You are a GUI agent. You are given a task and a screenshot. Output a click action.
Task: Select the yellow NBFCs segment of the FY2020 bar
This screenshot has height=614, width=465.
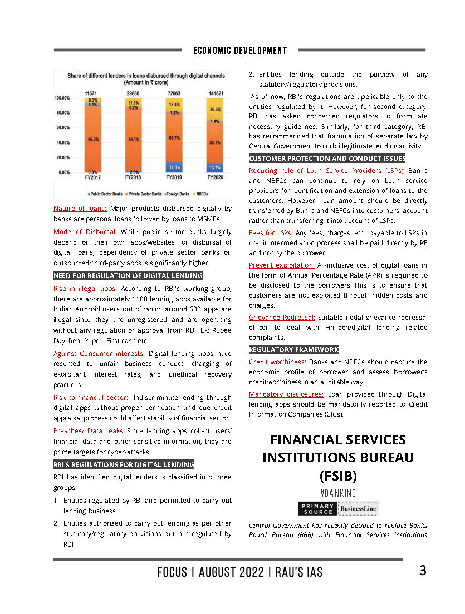(x=216, y=109)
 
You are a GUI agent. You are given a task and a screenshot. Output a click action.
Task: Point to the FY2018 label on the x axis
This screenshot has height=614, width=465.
(x=133, y=177)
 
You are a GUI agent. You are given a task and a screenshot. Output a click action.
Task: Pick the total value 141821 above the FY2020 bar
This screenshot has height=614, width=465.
(x=216, y=92)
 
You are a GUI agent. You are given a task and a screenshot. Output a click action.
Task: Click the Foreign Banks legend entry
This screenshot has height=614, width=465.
(x=175, y=194)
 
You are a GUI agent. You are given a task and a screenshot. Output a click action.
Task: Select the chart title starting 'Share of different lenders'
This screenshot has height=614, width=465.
(x=146, y=77)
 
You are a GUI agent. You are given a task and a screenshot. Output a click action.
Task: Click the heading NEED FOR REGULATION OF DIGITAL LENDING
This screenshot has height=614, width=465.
(x=128, y=276)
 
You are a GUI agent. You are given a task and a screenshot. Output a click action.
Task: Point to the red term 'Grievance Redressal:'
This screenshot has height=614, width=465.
(x=282, y=318)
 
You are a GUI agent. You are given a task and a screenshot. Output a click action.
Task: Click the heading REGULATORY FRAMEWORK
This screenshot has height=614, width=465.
(x=293, y=350)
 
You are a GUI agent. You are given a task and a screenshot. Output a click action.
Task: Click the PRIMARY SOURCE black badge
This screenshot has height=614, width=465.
(x=317, y=508)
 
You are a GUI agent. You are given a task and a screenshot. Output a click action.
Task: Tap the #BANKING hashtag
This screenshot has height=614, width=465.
(x=338, y=493)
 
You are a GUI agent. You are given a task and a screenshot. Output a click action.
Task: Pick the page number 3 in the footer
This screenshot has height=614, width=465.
(x=423, y=571)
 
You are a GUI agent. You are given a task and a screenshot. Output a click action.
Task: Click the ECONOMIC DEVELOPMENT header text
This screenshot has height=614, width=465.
(x=241, y=51)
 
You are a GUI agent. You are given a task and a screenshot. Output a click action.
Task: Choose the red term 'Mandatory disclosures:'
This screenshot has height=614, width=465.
(x=286, y=394)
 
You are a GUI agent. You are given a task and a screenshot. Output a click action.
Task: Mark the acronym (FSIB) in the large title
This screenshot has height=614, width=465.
(x=338, y=476)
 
